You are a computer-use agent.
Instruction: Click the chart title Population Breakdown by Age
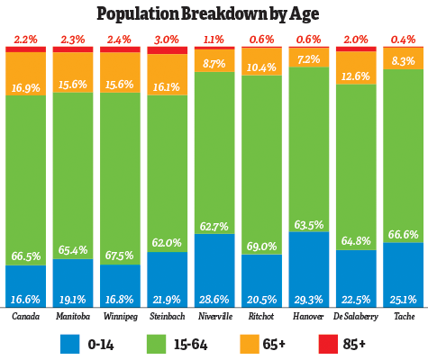point(214,13)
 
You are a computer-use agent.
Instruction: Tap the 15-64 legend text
point(216,344)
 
